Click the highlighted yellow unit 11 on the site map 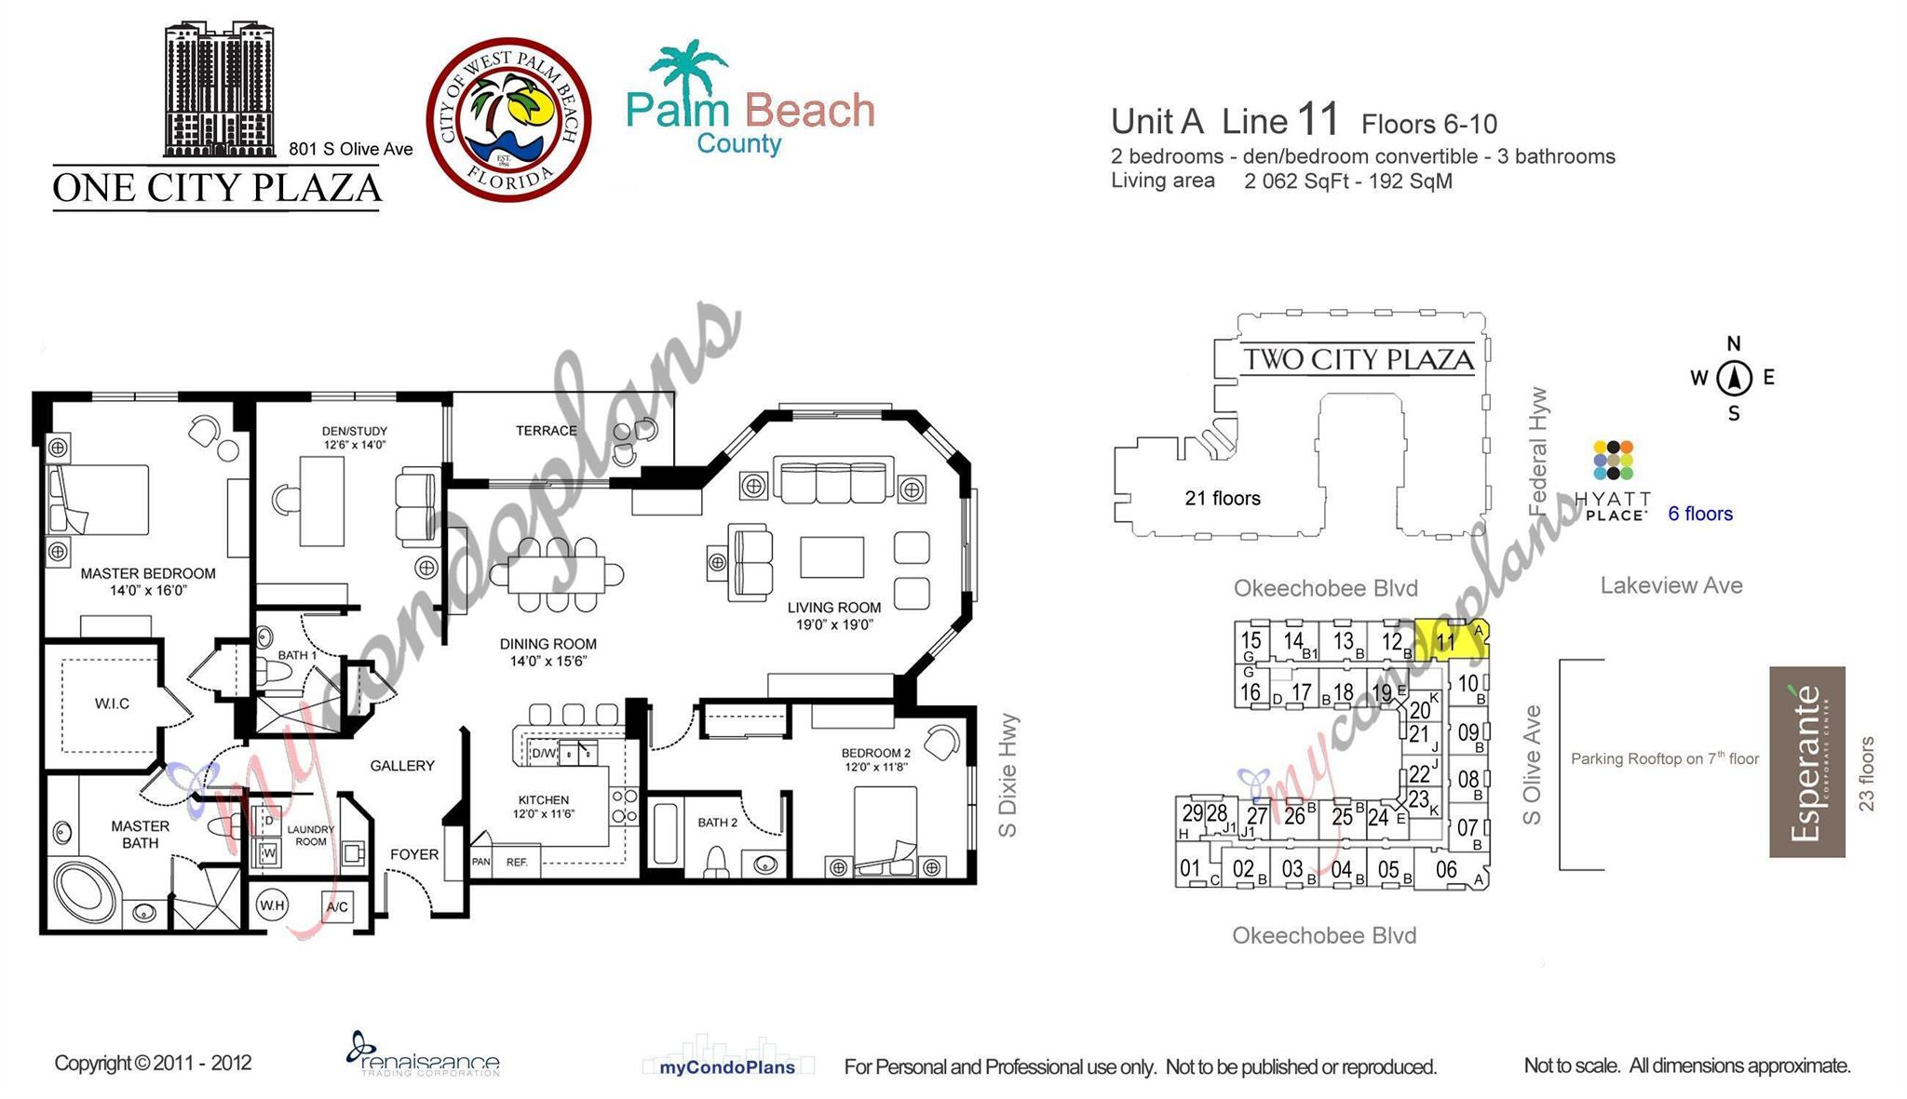pyautogui.click(x=1449, y=640)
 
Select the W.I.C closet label pyautogui.click(x=112, y=704)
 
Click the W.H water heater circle pyautogui.click(x=272, y=905)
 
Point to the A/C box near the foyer pyautogui.click(x=336, y=906)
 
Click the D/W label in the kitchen pyautogui.click(x=543, y=753)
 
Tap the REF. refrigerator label pyautogui.click(x=517, y=863)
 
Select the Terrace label pyautogui.click(x=547, y=431)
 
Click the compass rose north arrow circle pyautogui.click(x=1734, y=378)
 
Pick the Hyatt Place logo pyautogui.click(x=1614, y=480)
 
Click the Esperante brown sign pyautogui.click(x=1806, y=761)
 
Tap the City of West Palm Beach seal pyautogui.click(x=508, y=119)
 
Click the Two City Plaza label pyautogui.click(x=1359, y=360)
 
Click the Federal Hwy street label pyautogui.click(x=1538, y=452)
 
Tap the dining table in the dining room pyautogui.click(x=557, y=574)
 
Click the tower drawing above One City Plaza pyautogui.click(x=221, y=90)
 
